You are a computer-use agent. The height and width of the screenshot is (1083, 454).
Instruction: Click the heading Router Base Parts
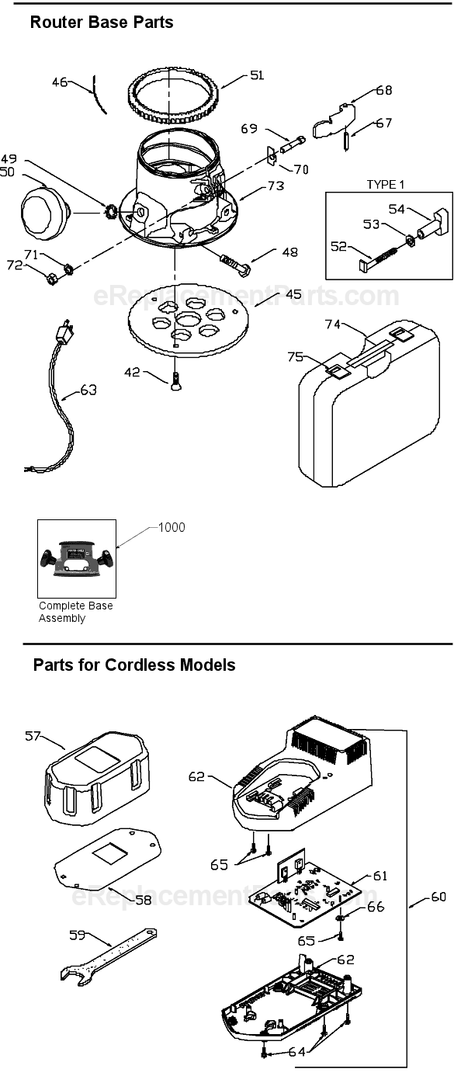tap(101, 23)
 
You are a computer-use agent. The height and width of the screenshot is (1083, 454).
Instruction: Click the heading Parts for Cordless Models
tap(134, 665)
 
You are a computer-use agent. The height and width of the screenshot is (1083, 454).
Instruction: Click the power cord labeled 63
tap(57, 419)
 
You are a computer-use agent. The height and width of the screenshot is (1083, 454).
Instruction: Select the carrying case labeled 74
tap(365, 411)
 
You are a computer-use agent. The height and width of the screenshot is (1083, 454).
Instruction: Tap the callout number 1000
tap(171, 528)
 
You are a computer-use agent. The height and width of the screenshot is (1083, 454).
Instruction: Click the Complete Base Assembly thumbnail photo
tap(77, 558)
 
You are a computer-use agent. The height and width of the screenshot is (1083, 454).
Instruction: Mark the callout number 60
tap(438, 897)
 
